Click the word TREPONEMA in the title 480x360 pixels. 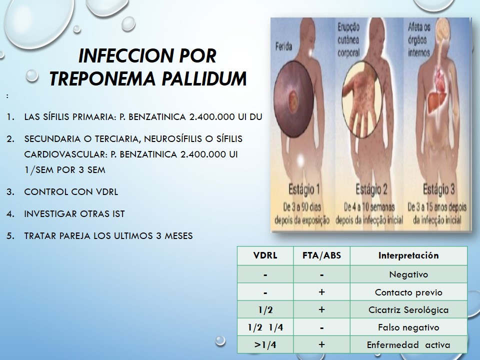pyautogui.click(x=103, y=78)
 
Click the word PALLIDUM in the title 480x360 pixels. pyautogui.click(x=204, y=78)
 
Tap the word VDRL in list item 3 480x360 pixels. pyautogui.click(x=107, y=192)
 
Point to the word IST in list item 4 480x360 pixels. pyautogui.click(x=118, y=213)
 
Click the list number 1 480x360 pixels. pyautogui.click(x=10, y=117)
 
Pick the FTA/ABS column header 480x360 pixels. pyautogui.click(x=321, y=255)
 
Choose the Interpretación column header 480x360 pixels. pyautogui.click(x=408, y=255)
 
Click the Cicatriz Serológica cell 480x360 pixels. pyautogui.click(x=408, y=310)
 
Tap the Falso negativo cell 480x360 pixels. pyautogui.click(x=408, y=327)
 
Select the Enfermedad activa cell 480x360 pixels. pyautogui.click(x=408, y=345)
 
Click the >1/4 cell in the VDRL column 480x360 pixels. pyautogui.click(x=265, y=345)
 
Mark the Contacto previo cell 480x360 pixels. pyautogui.click(x=408, y=292)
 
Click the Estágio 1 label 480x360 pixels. pyautogui.click(x=304, y=189)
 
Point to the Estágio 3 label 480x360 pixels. pyautogui.click(x=438, y=189)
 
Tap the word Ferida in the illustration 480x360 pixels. pyautogui.click(x=283, y=47)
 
